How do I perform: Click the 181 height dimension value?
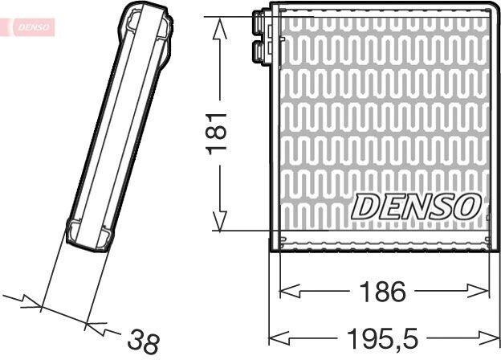click(217, 133)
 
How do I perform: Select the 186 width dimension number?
click(382, 292)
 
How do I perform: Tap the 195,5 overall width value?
click(382, 338)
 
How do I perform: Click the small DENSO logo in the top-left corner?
click(33, 27)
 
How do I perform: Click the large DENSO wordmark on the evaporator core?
click(417, 207)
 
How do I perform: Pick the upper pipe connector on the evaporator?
click(262, 22)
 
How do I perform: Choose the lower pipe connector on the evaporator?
click(262, 51)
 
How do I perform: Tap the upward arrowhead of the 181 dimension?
click(220, 28)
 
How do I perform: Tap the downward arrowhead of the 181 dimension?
click(220, 221)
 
